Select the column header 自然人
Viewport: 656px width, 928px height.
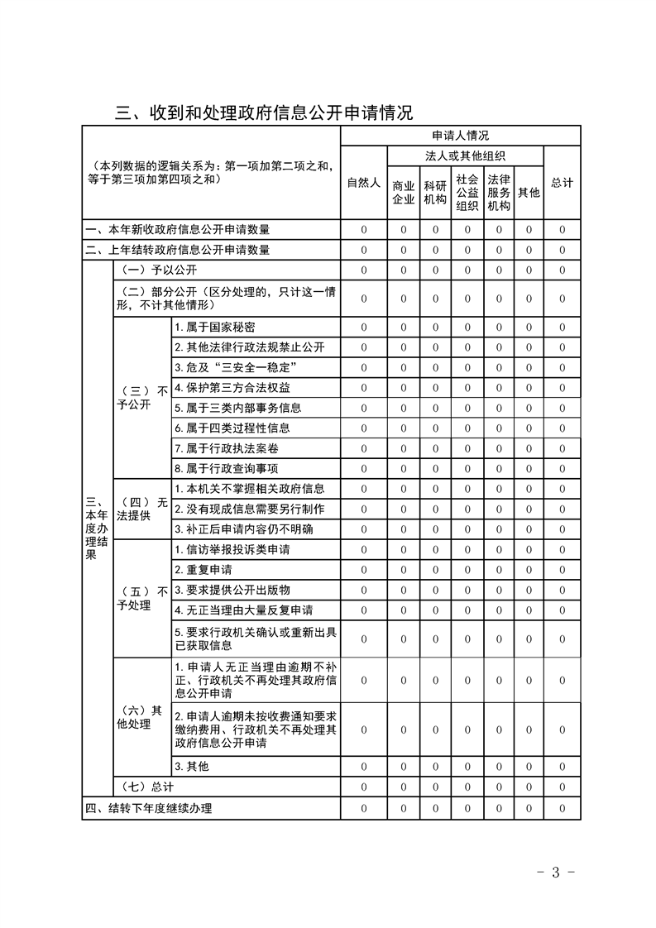click(363, 183)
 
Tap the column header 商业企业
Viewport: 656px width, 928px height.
click(403, 192)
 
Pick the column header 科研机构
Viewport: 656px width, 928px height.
click(435, 192)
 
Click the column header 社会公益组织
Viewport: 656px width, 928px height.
click(467, 192)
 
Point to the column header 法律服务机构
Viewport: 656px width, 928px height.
click(498, 192)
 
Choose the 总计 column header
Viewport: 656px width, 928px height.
click(562, 183)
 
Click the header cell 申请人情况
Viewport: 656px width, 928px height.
click(460, 136)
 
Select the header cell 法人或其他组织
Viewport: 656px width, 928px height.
click(465, 155)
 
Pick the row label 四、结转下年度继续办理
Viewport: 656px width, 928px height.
click(149, 808)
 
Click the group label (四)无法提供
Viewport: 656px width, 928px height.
click(142, 509)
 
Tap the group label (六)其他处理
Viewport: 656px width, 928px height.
click(142, 717)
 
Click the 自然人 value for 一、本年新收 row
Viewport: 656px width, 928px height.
click(363, 229)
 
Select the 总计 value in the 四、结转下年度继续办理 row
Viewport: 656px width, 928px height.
click(562, 808)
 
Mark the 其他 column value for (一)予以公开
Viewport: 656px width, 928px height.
click(529, 270)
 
